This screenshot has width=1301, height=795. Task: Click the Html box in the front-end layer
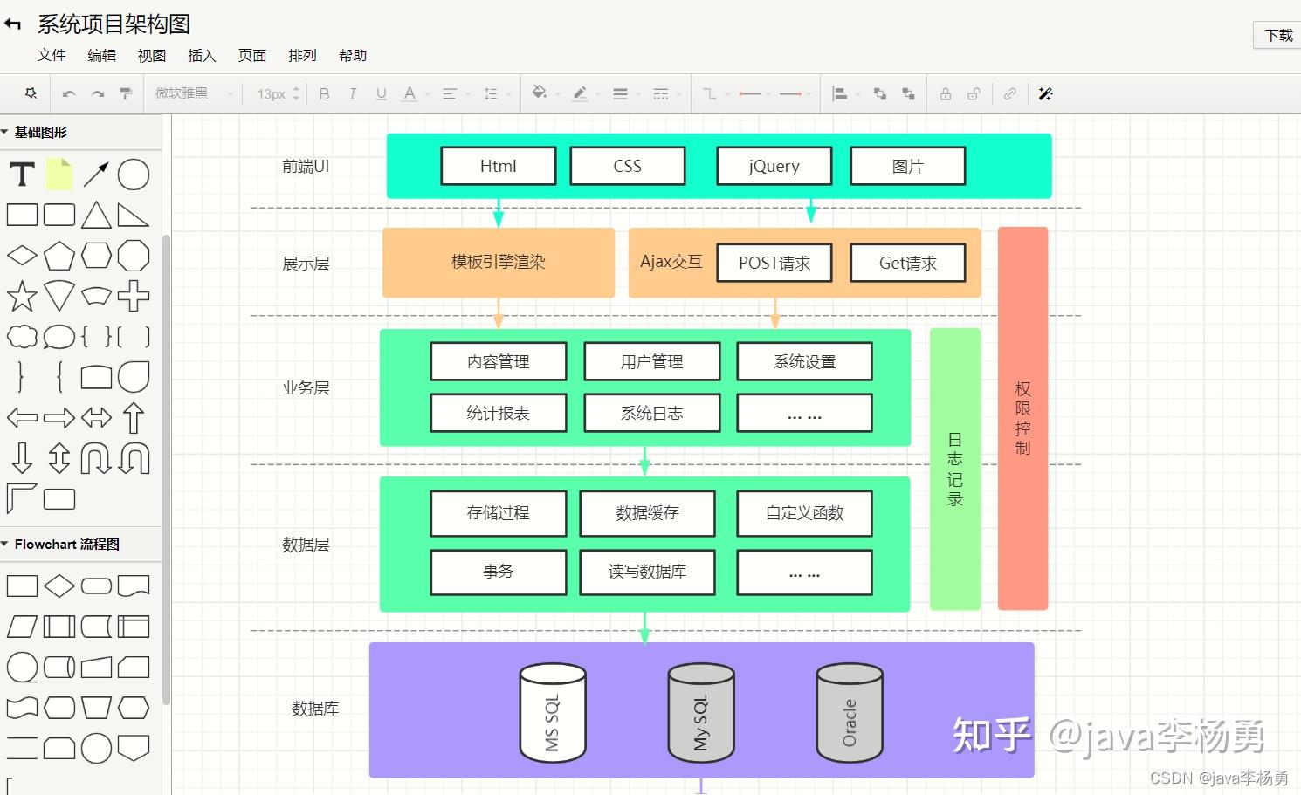point(498,166)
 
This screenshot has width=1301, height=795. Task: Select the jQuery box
point(774,166)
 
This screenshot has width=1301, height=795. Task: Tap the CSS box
point(627,166)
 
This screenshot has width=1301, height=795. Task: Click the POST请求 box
point(774,263)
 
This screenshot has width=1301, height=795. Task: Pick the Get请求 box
point(907,263)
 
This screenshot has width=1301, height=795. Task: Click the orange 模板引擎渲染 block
point(498,262)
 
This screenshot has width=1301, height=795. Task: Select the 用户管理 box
point(651,361)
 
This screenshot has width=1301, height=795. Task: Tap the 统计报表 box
point(498,413)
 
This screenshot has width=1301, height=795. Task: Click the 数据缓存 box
point(647,513)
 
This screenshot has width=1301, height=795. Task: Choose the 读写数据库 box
point(647,572)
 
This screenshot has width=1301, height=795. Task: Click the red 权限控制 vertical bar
point(1022,418)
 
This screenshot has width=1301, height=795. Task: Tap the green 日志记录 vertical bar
point(954,469)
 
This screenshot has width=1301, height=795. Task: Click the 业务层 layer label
point(306,388)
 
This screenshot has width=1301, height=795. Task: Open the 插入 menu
point(202,55)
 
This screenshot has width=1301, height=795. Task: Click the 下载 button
point(1278,35)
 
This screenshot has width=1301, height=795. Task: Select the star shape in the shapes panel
point(22,297)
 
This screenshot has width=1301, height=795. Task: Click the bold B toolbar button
point(324,94)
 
